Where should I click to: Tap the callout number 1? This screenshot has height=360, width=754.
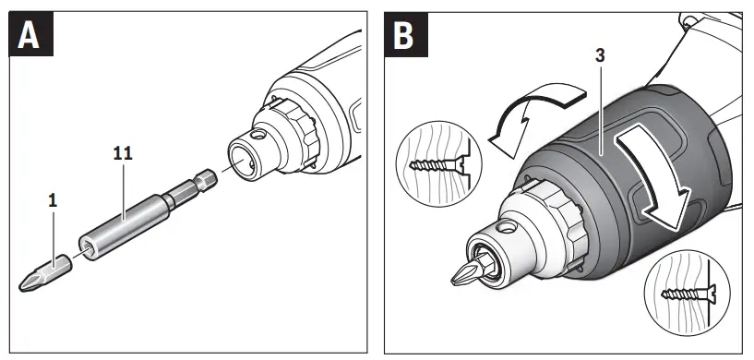point(54,198)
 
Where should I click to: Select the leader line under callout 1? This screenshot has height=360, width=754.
point(54,232)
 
